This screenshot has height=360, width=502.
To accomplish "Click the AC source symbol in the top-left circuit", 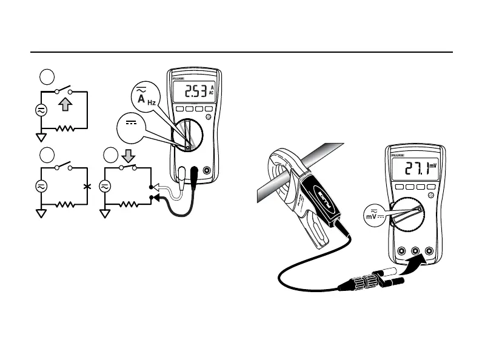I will [x=41, y=111].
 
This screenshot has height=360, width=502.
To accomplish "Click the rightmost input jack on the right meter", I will [x=429, y=251].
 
